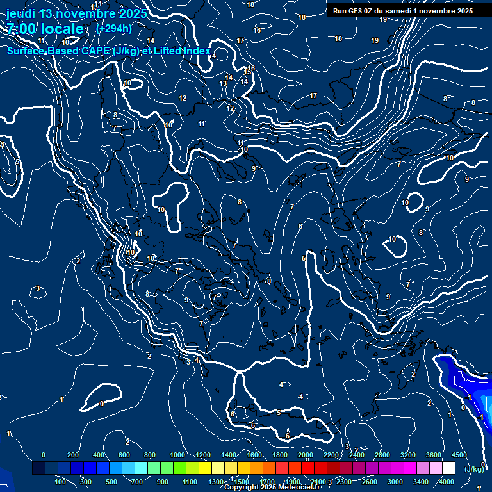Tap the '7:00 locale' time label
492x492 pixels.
point(45,29)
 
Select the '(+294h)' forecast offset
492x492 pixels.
point(114,28)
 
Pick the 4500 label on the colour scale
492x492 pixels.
point(459,455)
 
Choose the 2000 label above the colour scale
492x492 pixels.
point(306,455)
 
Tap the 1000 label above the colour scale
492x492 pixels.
point(177,455)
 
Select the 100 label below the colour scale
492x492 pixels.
point(60,482)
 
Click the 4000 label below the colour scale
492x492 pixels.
point(447,482)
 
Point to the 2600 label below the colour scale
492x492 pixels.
point(370,482)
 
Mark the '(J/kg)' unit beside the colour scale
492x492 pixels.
point(473,470)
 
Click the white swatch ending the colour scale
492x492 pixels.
point(448,468)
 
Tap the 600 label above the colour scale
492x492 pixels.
point(124,455)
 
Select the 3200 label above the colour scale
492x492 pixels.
point(408,455)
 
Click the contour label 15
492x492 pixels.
point(247,72)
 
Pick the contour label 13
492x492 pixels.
point(223,84)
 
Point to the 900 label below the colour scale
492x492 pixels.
point(163,482)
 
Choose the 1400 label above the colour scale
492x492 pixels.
point(229,455)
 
